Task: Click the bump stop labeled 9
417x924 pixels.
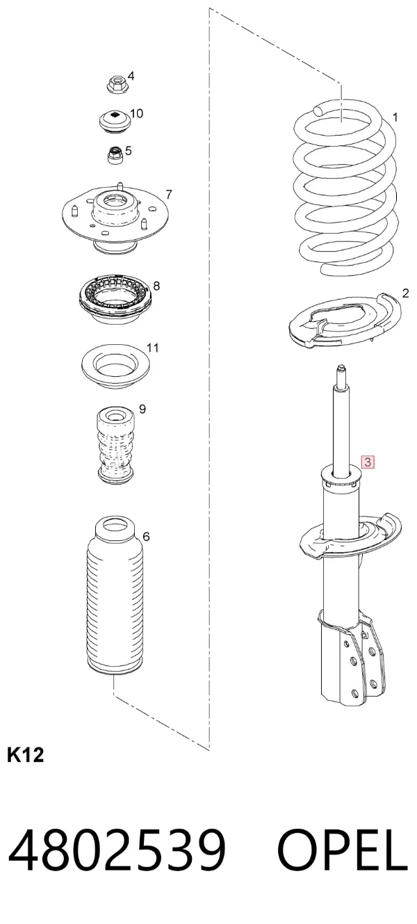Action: (x=115, y=446)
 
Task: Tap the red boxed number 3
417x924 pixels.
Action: (x=367, y=462)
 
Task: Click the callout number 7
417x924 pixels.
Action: (x=169, y=194)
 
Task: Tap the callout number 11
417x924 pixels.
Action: (x=152, y=348)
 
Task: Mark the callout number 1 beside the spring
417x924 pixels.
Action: (x=395, y=117)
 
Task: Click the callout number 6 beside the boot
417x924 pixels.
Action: (x=146, y=536)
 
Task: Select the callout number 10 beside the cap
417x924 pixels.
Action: (x=136, y=113)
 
